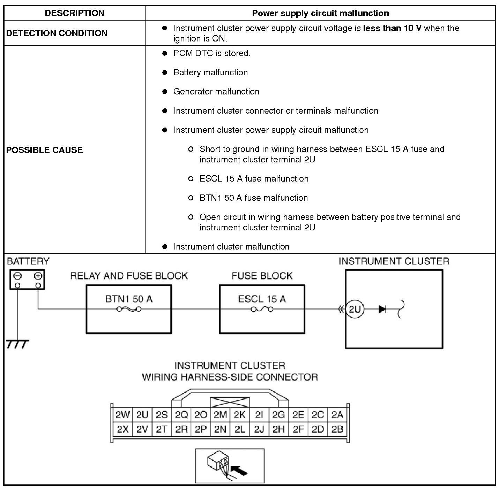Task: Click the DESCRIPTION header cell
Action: pyautogui.click(x=74, y=13)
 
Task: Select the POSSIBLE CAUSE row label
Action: pyautogui.click(x=44, y=150)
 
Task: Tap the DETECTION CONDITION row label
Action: pyautogui.click(x=57, y=33)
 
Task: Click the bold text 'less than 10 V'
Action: pyautogui.click(x=392, y=28)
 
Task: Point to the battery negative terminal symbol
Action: pyautogui.click(x=17, y=276)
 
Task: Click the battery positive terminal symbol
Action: pyautogui.click(x=38, y=276)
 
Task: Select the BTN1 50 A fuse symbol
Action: pyautogui.click(x=129, y=309)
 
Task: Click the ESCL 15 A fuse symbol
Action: pyautogui.click(x=262, y=309)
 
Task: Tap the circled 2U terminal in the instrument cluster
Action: pyautogui.click(x=355, y=309)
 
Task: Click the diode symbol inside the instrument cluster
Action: pyautogui.click(x=382, y=309)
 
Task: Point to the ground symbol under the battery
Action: pyautogui.click(x=17, y=344)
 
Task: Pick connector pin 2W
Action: pyautogui.click(x=122, y=415)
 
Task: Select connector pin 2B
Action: pyautogui.click(x=337, y=429)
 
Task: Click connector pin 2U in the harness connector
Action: pyautogui.click(x=142, y=415)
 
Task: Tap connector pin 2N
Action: pyautogui.click(x=220, y=429)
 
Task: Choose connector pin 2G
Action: pyautogui.click(x=278, y=415)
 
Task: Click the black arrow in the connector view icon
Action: pyautogui.click(x=239, y=470)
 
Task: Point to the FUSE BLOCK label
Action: pyautogui.click(x=262, y=276)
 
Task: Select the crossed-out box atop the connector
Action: pyautogui.click(x=230, y=402)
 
